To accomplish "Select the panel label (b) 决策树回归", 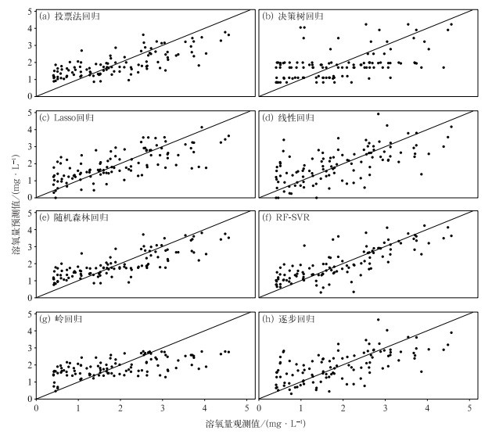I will point(295,16).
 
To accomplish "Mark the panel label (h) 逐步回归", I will point(290,319).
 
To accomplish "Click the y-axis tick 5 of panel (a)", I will point(31,11).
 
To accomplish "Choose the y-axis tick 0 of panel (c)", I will point(31,198).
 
